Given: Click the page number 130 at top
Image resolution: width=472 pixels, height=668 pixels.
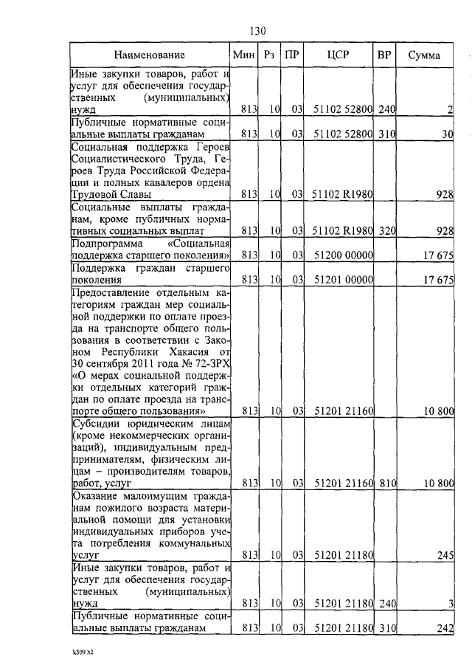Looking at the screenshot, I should tap(257, 31).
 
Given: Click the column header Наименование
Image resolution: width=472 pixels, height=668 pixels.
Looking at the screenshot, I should tap(149, 55).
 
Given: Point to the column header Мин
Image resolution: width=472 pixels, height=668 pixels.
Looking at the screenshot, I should tap(243, 55).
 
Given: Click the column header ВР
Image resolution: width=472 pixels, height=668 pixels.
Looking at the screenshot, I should tap(384, 55).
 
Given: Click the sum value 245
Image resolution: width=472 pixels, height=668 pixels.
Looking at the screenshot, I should tap(443, 556).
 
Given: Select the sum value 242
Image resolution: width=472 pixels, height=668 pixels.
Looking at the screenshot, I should tap(443, 628).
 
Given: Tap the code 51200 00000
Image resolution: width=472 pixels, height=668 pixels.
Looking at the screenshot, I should tap(344, 255).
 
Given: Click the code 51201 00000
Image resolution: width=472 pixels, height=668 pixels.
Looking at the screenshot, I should tap(344, 280).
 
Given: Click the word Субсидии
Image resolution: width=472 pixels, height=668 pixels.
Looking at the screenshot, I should tap(94, 424).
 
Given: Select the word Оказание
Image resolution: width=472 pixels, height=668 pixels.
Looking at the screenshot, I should tap(96, 495).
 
